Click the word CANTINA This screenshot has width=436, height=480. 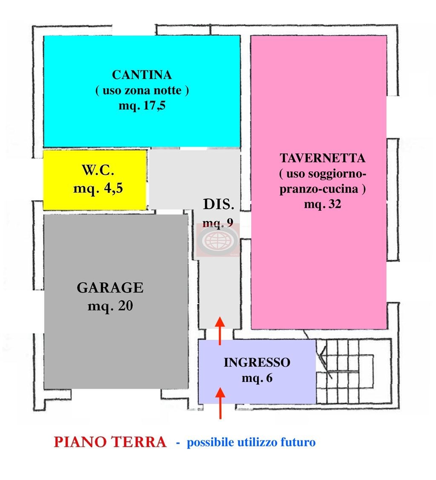click(x=142, y=75)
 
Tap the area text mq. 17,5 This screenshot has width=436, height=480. click(x=142, y=105)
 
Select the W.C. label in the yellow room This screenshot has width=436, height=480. click(x=98, y=170)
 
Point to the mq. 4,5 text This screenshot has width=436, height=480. click(x=98, y=188)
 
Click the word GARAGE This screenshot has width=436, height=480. click(x=110, y=288)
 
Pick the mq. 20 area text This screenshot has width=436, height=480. click(x=110, y=306)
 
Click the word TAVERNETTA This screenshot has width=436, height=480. click(x=323, y=158)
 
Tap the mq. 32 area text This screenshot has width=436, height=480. click(x=323, y=204)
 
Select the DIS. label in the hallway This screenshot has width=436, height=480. click(x=218, y=204)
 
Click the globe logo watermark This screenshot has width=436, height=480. click(x=218, y=240)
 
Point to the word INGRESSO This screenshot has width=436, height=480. click(x=257, y=363)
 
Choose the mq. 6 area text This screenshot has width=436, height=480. click(x=257, y=378)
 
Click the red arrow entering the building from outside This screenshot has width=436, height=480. click(x=220, y=403)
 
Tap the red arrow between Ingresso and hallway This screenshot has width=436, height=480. click(x=220, y=331)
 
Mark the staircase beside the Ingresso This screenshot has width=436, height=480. click(x=354, y=371)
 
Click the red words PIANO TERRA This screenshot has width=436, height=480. click(x=110, y=442)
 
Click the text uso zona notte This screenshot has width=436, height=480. click(x=142, y=90)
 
